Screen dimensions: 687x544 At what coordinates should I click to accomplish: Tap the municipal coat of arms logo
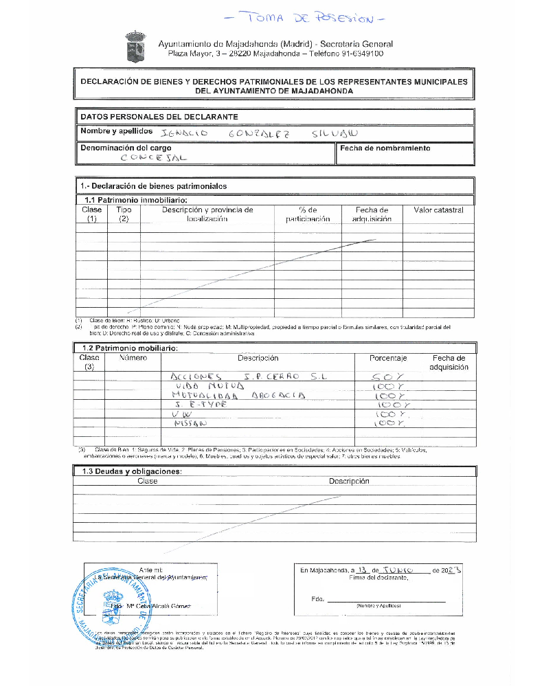click(135, 46)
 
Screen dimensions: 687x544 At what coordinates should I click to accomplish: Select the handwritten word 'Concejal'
click(154, 158)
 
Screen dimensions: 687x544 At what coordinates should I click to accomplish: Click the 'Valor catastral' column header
click(438, 210)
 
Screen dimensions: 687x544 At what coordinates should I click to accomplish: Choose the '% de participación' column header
click(308, 214)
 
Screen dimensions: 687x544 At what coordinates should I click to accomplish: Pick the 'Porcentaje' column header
click(388, 358)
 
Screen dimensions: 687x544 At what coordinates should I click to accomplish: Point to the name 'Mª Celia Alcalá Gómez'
click(159, 607)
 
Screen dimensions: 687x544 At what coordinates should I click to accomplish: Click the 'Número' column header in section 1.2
click(133, 358)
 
